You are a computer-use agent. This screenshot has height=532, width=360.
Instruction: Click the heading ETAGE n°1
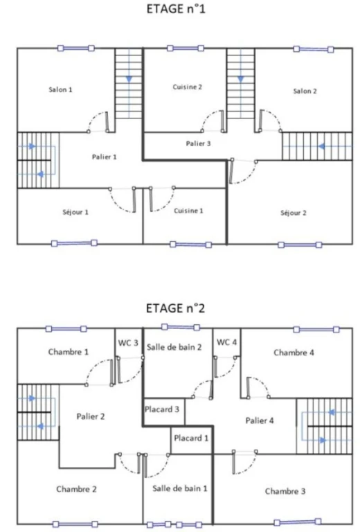coord(176,9)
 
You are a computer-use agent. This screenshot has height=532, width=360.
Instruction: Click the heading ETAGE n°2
coord(175,308)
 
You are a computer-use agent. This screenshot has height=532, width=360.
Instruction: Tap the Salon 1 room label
coord(60,89)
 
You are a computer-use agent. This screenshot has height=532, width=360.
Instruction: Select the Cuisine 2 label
coord(187,87)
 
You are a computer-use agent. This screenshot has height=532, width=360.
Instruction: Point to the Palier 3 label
coord(198,143)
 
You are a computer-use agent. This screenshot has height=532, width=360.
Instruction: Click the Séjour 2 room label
coord(294,213)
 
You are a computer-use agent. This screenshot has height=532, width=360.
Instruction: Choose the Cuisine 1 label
coord(188,211)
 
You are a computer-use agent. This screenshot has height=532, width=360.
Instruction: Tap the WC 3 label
coord(128,343)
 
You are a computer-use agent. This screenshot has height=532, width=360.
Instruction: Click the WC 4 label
coord(226,342)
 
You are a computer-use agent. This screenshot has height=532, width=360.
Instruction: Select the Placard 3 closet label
coord(162,409)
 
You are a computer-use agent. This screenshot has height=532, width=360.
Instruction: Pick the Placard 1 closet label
coord(191,438)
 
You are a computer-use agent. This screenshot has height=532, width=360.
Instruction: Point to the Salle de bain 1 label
coord(180,488)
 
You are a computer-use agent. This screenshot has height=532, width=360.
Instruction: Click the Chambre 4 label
coord(294,353)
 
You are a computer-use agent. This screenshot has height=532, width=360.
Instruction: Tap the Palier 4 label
coord(260,420)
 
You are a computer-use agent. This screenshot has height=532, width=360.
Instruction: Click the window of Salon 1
coord(76,48)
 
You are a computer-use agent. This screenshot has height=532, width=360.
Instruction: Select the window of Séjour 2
coord(300,245)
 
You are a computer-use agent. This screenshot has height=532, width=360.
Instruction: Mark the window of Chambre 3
coord(298,522)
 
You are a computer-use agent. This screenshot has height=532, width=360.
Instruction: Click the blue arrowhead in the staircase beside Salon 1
coord(129,80)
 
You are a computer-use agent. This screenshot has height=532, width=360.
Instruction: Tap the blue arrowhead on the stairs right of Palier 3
coord(321,146)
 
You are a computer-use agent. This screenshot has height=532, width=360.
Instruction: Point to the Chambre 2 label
coord(76,489)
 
